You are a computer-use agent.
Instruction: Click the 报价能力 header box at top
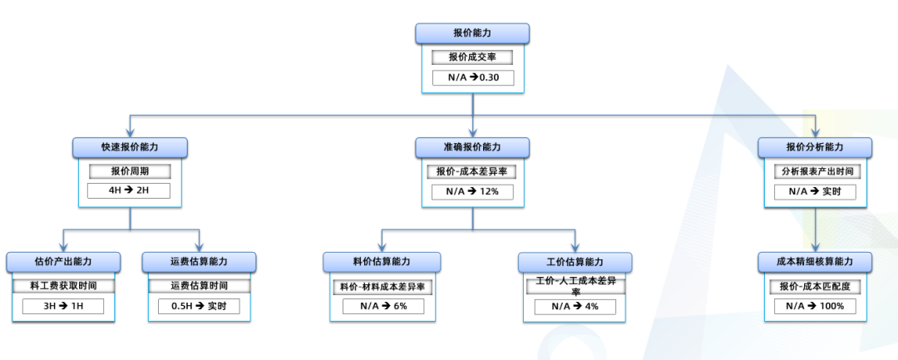point(472,33)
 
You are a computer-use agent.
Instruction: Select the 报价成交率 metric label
point(472,57)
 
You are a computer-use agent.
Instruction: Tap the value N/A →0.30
point(472,78)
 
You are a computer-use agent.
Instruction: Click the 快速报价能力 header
point(130,147)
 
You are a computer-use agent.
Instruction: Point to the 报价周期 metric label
point(130,171)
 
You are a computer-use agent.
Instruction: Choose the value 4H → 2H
point(130,191)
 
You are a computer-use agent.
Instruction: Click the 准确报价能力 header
point(472,147)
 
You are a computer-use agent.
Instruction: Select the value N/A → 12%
point(472,191)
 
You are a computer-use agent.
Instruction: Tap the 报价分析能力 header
point(815,147)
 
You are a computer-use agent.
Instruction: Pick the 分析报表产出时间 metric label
point(815,171)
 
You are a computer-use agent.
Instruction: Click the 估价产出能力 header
point(62,262)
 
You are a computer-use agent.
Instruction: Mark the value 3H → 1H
point(62,306)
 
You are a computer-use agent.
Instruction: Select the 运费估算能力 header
point(199,262)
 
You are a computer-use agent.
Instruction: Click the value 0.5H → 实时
point(199,306)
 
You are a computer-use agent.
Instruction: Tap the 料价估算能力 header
point(382,262)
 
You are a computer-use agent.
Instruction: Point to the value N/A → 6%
point(382,306)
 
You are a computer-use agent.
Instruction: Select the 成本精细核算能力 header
point(815,262)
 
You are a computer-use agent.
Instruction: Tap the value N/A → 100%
point(815,306)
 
